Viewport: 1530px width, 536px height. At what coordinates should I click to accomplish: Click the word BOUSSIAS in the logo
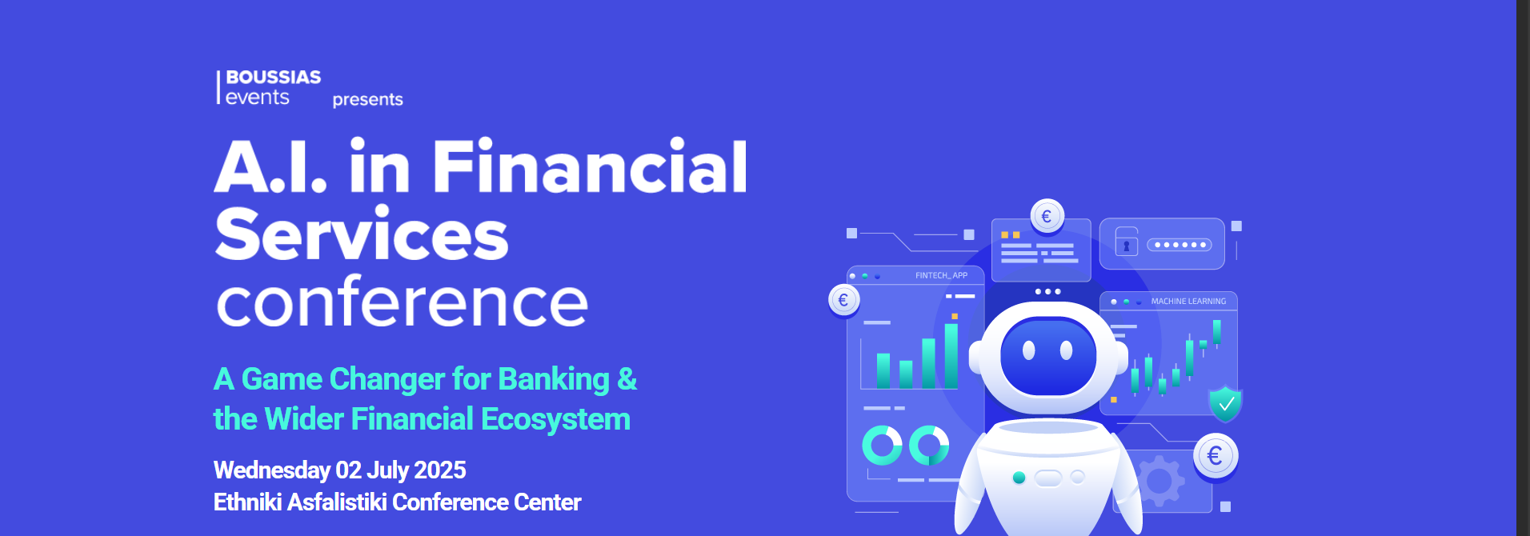pyautogui.click(x=274, y=77)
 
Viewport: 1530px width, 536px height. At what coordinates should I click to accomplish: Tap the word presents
pyautogui.click(x=368, y=100)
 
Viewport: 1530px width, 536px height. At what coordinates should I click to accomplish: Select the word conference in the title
pyautogui.click(x=403, y=302)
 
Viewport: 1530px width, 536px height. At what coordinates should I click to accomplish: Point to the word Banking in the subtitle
pyautogui.click(x=554, y=380)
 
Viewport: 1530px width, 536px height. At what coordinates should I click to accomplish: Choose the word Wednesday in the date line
pyautogui.click(x=272, y=470)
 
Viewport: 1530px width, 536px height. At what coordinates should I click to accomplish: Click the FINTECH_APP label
pyautogui.click(x=941, y=276)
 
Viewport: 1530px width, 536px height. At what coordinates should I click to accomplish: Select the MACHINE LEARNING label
pyautogui.click(x=1188, y=302)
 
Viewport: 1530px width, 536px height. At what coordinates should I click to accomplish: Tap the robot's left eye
pyautogui.click(x=1029, y=350)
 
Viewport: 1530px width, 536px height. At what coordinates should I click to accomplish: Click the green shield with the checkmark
pyautogui.click(x=1225, y=403)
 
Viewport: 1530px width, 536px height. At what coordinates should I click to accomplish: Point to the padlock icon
pyautogui.click(x=1126, y=242)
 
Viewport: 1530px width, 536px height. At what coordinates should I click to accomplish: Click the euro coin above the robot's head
pyautogui.click(x=1047, y=216)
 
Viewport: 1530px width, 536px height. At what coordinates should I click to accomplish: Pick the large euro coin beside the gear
pyautogui.click(x=1216, y=457)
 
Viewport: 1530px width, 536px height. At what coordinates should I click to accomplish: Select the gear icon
pyautogui.click(x=1158, y=481)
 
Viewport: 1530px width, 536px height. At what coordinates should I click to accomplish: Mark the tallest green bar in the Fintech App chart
pyautogui.click(x=951, y=356)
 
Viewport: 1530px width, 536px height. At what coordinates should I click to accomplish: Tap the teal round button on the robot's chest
pyautogui.click(x=1019, y=478)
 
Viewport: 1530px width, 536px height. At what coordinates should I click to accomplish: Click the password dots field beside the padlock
pyautogui.click(x=1180, y=245)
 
